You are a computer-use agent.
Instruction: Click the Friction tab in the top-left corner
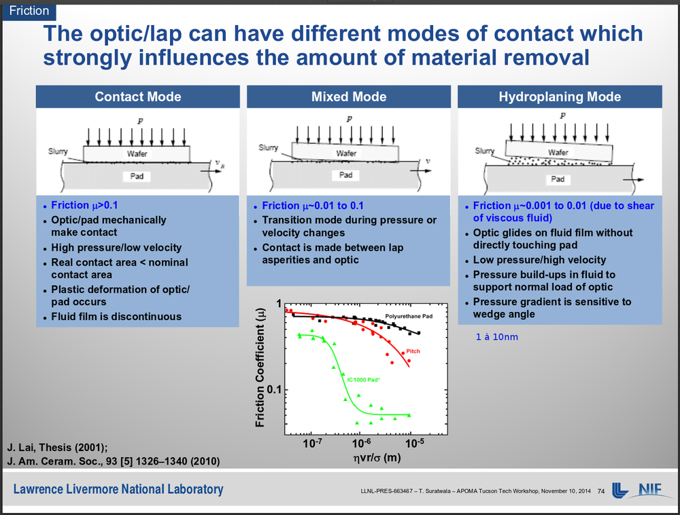[29, 11]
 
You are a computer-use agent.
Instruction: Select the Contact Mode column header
[138, 96]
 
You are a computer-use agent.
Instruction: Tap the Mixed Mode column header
[349, 96]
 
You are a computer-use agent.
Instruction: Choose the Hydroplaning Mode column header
[560, 96]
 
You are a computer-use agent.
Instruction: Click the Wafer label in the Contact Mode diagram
[137, 154]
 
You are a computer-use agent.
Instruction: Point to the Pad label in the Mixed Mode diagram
[346, 175]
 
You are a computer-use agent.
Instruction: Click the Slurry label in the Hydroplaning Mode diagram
[484, 151]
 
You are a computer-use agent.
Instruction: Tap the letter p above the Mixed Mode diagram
[350, 118]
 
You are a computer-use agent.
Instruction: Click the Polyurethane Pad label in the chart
[409, 317]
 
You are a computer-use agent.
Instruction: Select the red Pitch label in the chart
[413, 351]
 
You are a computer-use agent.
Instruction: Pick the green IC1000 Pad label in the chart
[364, 380]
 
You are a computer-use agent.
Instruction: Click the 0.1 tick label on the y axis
[273, 390]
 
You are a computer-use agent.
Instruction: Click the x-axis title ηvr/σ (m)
[367, 459]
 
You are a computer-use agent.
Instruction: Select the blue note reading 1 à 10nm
[496, 337]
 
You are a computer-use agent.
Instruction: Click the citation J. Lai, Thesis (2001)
[57, 447]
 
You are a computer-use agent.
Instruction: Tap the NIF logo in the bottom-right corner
[641, 490]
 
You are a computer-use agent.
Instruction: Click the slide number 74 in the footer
[600, 491]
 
